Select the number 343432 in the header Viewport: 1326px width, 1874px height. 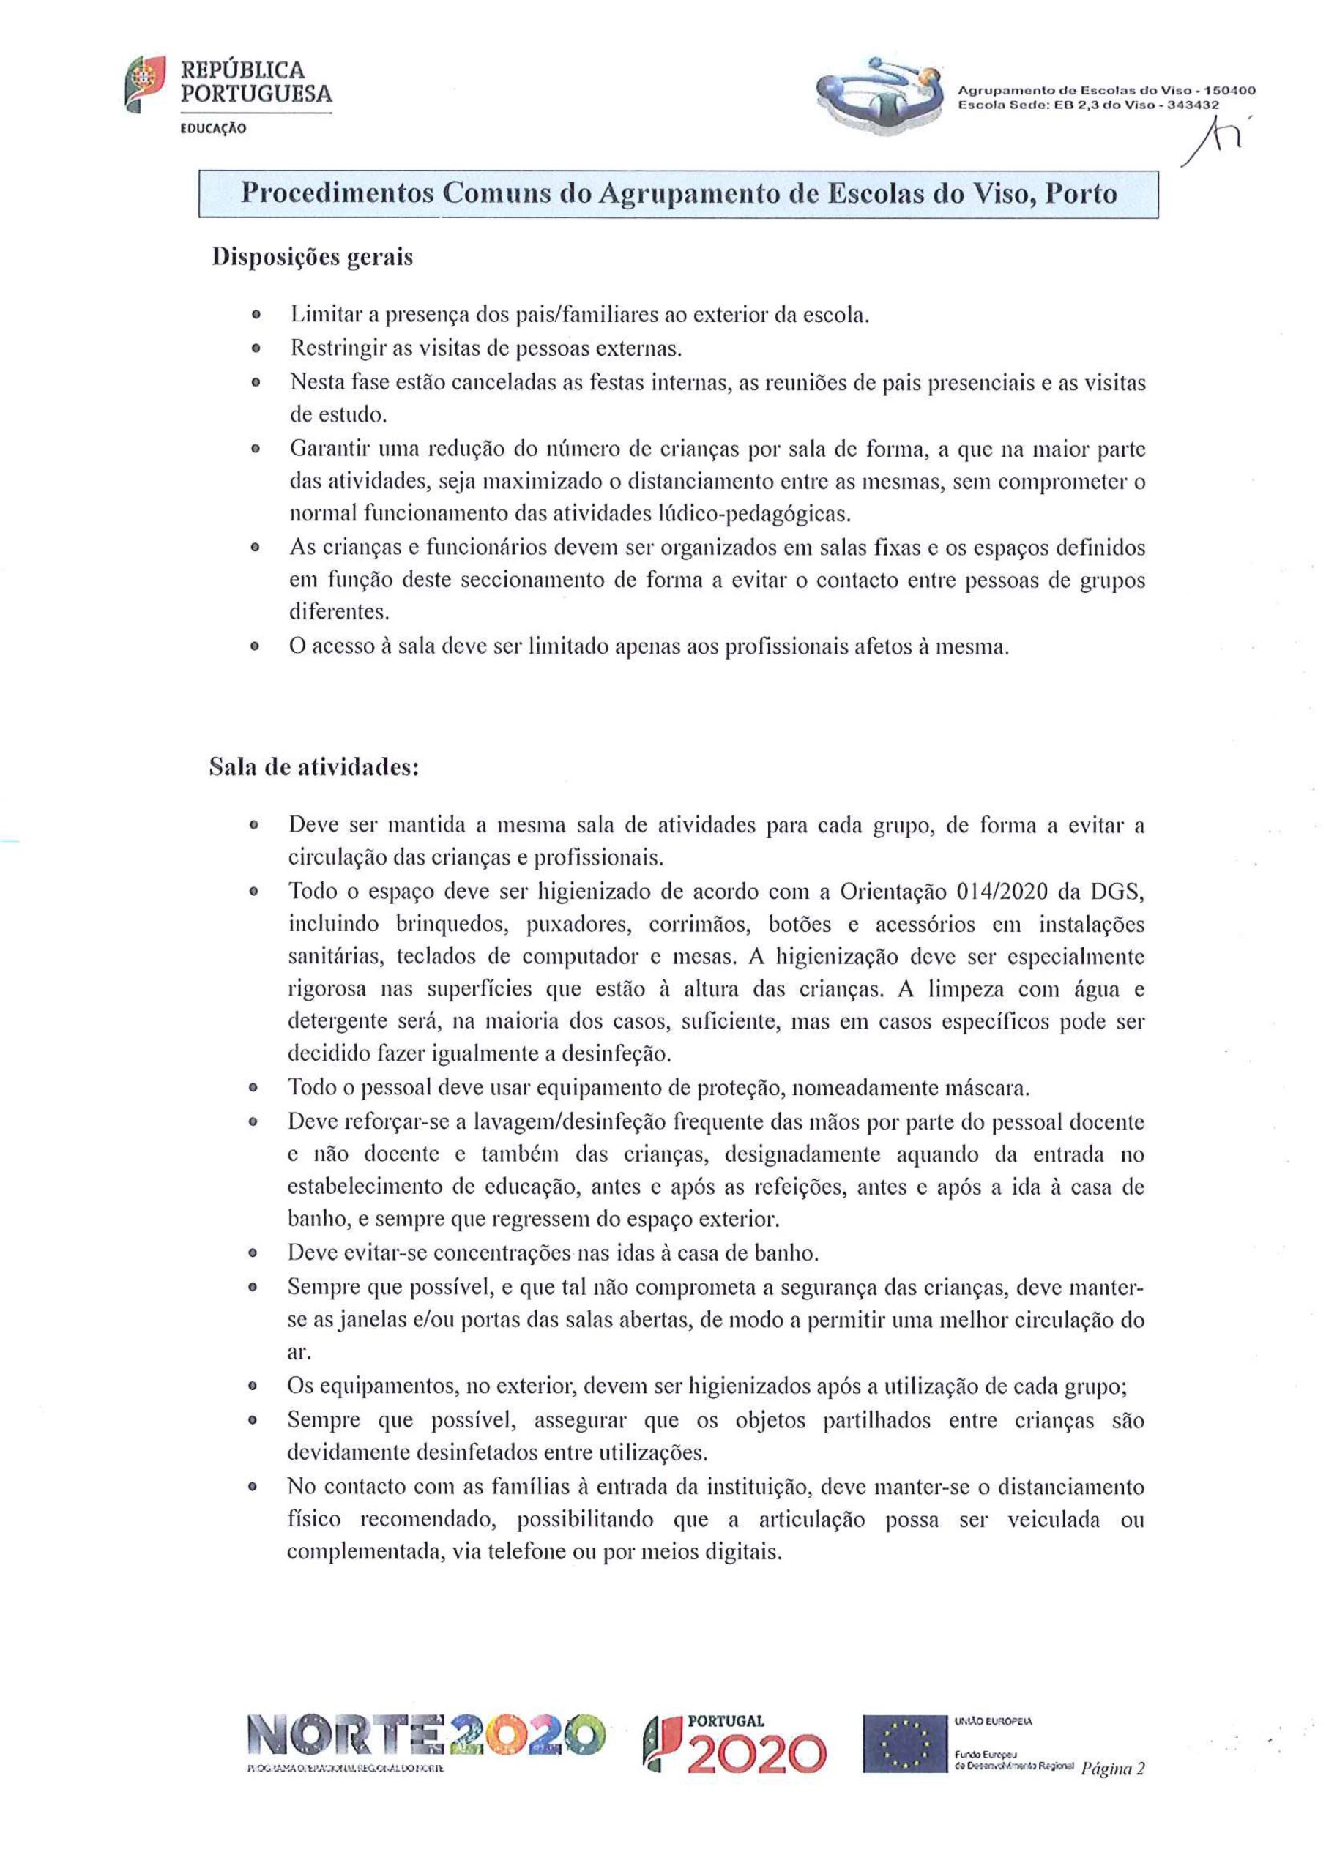click(x=1192, y=105)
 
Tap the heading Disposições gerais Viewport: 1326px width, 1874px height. click(x=312, y=257)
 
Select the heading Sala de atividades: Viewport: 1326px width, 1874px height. click(x=314, y=767)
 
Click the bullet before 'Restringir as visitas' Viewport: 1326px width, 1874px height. click(x=256, y=349)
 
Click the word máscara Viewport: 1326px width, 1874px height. click(x=986, y=1088)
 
